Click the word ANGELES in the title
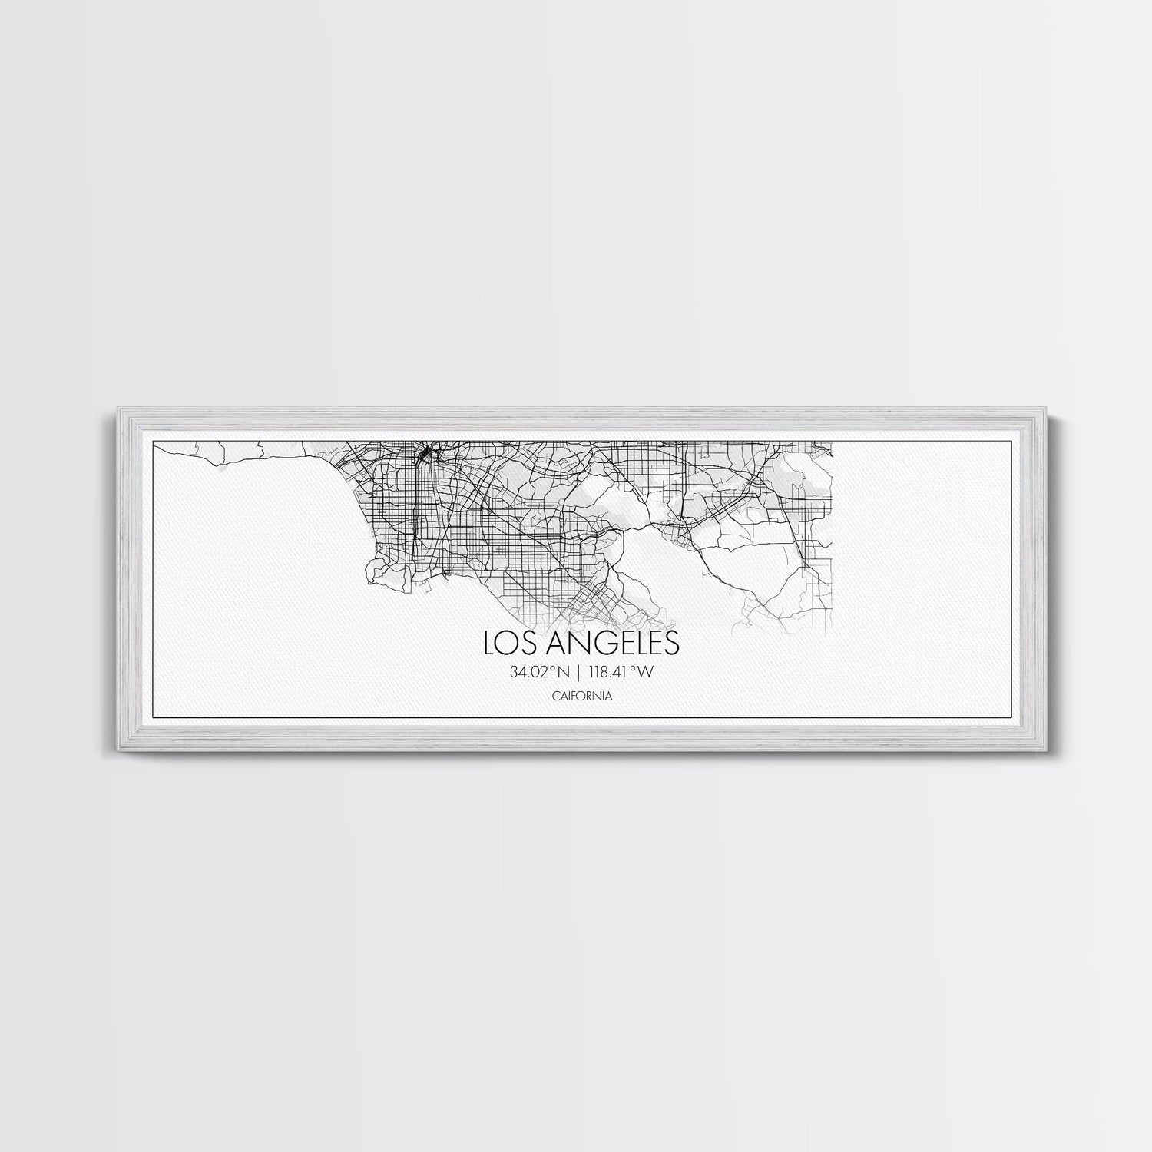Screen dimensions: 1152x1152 click(607, 643)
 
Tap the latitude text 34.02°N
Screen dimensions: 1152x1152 click(538, 673)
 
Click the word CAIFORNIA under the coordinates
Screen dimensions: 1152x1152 click(581, 696)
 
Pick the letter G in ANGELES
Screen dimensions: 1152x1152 click(594, 643)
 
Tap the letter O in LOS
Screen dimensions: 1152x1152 click(508, 643)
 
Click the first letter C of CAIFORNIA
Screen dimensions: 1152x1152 click(554, 696)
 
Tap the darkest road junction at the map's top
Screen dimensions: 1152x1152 click(423, 454)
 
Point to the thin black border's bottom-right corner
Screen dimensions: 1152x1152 click(998, 717)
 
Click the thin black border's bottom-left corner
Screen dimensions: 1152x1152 click(154, 717)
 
